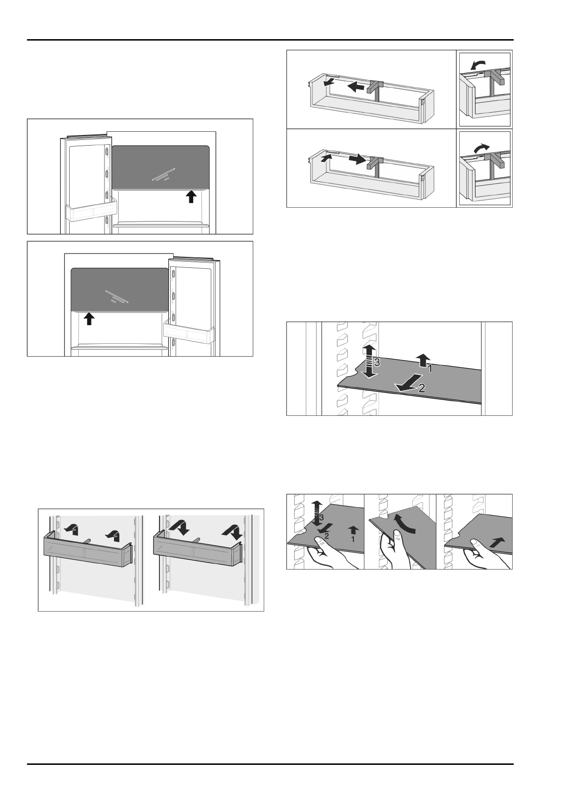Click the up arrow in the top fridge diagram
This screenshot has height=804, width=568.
pyautogui.click(x=191, y=196)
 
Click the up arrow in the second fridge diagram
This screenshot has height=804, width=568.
pyautogui.click(x=89, y=318)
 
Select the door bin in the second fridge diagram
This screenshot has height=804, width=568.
pyautogui.click(x=188, y=330)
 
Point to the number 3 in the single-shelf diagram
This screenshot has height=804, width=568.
pyautogui.click(x=377, y=363)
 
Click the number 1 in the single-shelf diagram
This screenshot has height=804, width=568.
pyautogui.click(x=429, y=368)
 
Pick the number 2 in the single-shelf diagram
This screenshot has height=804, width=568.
pyautogui.click(x=422, y=389)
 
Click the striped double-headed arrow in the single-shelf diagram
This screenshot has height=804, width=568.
pyautogui.click(x=367, y=361)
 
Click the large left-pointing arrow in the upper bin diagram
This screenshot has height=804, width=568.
pyautogui.click(x=355, y=87)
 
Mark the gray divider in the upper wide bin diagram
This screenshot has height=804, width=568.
pyautogui.click(x=376, y=91)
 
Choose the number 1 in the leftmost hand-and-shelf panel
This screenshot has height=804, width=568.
pyautogui.click(x=352, y=539)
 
